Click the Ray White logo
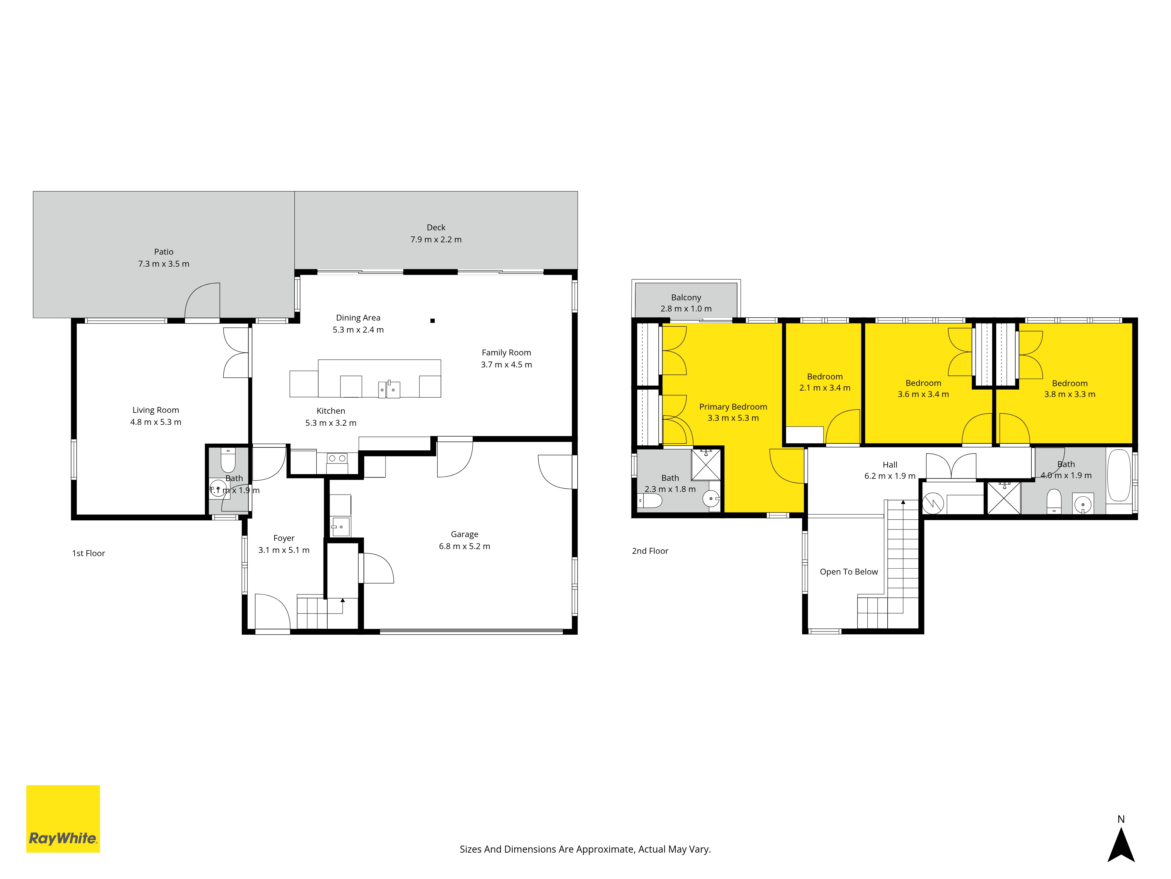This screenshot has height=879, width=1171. click(63, 819)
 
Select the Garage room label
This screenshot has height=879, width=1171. click(464, 534)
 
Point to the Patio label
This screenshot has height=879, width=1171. click(164, 252)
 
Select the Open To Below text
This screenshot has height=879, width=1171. click(849, 572)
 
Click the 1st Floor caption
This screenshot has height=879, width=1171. click(88, 553)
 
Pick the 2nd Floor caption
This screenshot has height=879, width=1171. click(650, 551)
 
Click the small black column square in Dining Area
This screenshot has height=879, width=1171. click(432, 321)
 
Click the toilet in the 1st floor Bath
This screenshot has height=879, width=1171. click(228, 460)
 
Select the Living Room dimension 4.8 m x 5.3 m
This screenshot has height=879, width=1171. click(156, 422)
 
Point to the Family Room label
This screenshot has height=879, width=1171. click(506, 352)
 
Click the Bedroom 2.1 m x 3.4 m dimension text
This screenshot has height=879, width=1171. click(825, 388)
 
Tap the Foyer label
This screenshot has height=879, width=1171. click(284, 538)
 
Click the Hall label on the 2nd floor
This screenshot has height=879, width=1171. click(890, 465)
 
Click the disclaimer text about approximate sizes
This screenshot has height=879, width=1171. click(585, 849)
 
